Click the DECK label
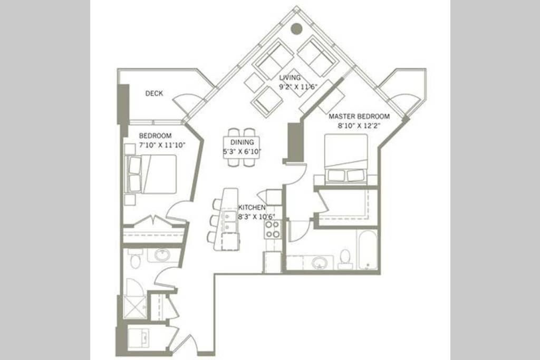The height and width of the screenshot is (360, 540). pyautogui.click(x=154, y=93)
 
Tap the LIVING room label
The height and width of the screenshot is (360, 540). pyautogui.click(x=290, y=78)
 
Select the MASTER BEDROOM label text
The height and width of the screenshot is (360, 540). pyautogui.click(x=359, y=116)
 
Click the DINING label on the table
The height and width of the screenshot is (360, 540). pyautogui.click(x=242, y=142)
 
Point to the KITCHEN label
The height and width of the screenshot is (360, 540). pyautogui.click(x=252, y=208)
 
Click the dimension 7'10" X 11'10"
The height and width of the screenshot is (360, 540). pyautogui.click(x=162, y=145)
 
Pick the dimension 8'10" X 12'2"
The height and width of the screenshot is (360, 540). pyautogui.click(x=359, y=126)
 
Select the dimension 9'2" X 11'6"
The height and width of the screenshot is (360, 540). pyautogui.click(x=297, y=87)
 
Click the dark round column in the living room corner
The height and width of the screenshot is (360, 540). pyautogui.click(x=296, y=29)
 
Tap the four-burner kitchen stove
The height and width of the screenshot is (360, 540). pyautogui.click(x=273, y=230)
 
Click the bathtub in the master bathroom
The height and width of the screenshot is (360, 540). pyautogui.click(x=368, y=250)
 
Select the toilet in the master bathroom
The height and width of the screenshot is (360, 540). pyautogui.click(x=345, y=259)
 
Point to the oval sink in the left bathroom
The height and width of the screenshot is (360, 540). pyautogui.click(x=161, y=255)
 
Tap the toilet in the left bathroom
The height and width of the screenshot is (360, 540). pyautogui.click(x=136, y=259)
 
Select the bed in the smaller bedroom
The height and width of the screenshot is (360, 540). pyautogui.click(x=151, y=174)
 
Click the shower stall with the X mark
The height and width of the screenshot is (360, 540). pyautogui.click(x=134, y=307)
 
